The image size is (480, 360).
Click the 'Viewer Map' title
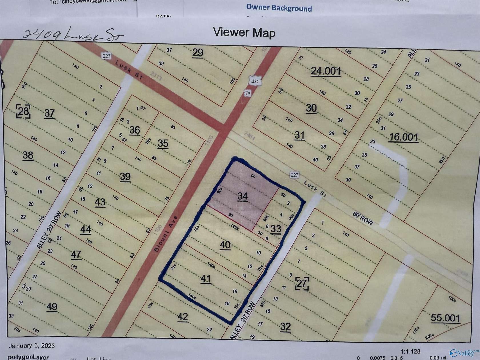244,33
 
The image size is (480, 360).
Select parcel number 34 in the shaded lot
242,196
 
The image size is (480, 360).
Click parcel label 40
225,245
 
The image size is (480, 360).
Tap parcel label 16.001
403,137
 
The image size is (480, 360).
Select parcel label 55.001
445,318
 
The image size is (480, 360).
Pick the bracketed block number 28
23,111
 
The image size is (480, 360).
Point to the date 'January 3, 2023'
31,346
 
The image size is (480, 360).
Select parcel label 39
125,177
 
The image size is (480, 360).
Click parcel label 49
52,307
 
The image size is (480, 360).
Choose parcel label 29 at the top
198,53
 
